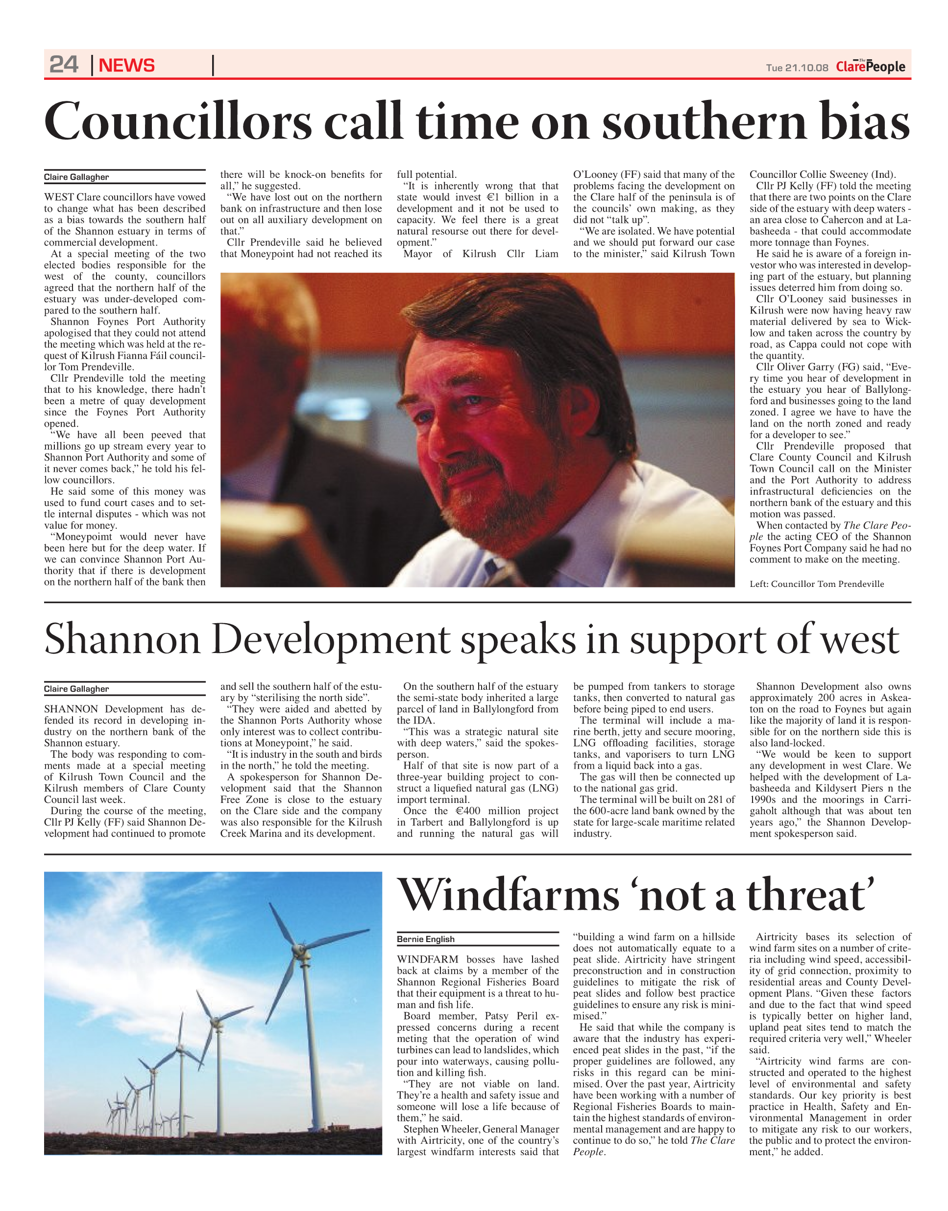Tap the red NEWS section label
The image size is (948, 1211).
pyautogui.click(x=126, y=66)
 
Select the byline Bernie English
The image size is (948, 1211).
pyautogui.click(x=426, y=939)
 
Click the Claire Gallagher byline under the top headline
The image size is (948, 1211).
pyautogui.click(x=76, y=177)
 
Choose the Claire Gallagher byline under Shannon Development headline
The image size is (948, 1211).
pyautogui.click(x=76, y=689)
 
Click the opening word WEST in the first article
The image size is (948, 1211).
pyautogui.click(x=59, y=197)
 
